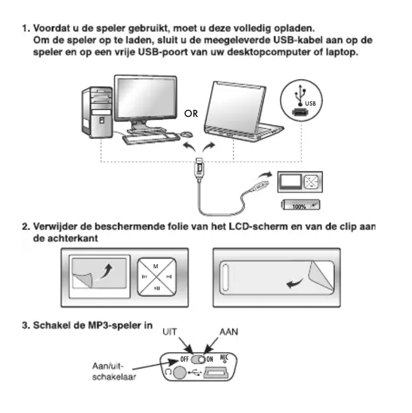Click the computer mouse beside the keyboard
click(188, 134)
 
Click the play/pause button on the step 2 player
click(157, 290)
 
